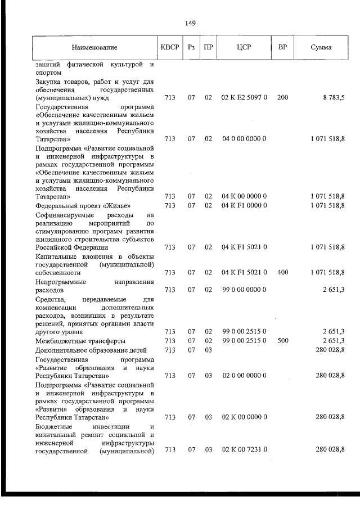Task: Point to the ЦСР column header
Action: (244, 48)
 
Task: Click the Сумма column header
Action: (321, 48)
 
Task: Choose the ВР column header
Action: (283, 48)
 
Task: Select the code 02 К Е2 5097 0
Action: (244, 98)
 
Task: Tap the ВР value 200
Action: (282, 98)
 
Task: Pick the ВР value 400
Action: (282, 272)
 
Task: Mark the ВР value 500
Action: (282, 341)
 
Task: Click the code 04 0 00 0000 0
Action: (244, 138)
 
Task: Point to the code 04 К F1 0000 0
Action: (244, 205)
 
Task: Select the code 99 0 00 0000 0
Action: (244, 289)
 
